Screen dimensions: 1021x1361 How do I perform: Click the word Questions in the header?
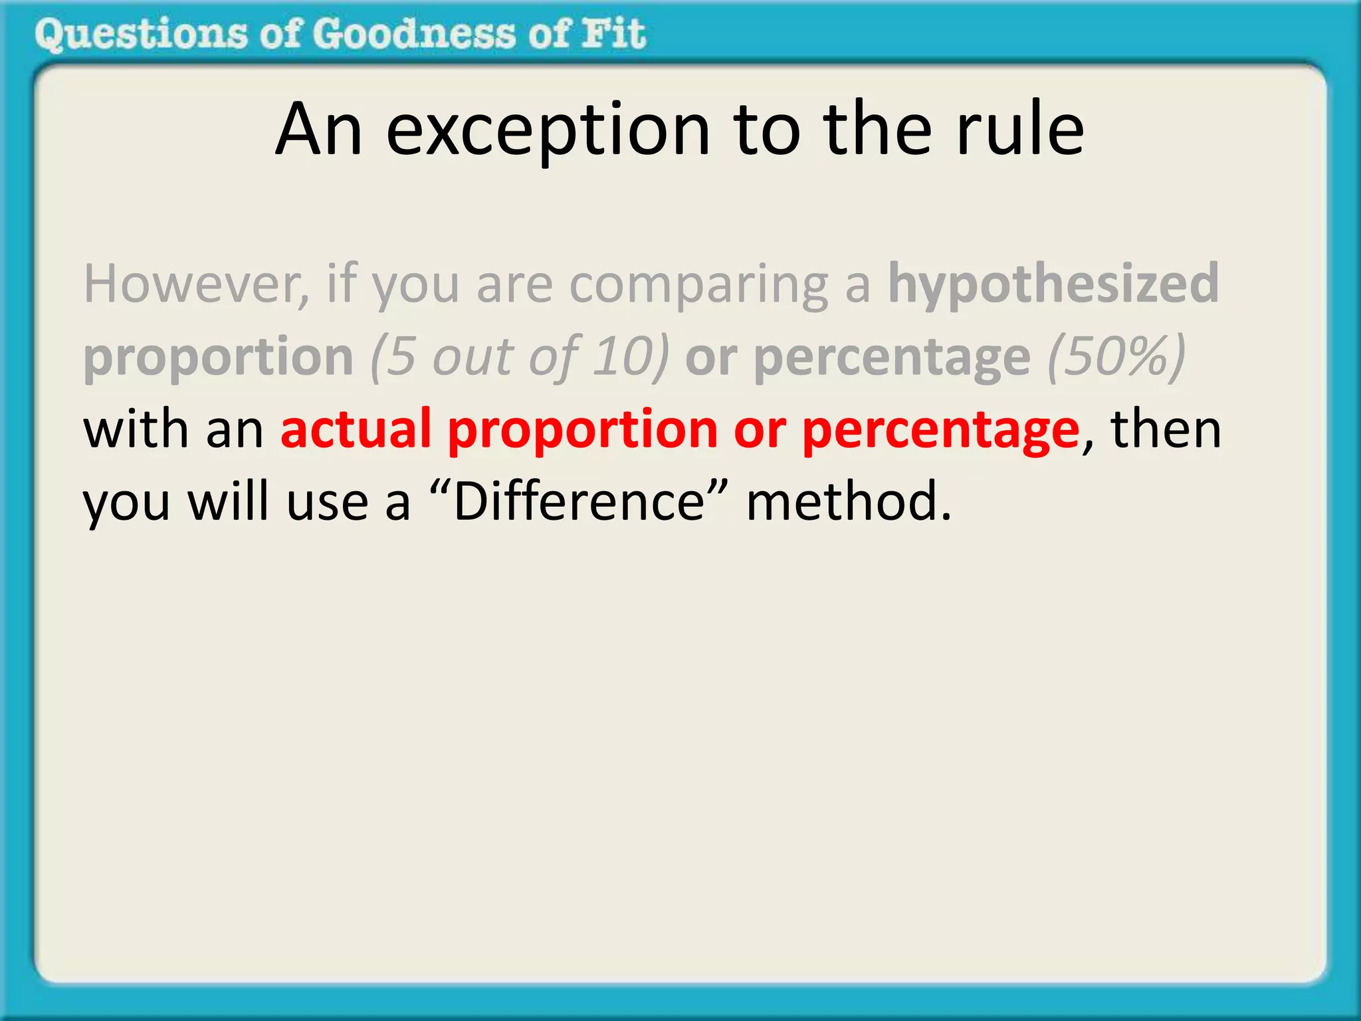[140, 35]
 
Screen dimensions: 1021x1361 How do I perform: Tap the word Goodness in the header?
[413, 35]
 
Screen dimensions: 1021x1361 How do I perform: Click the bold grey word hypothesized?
[1053, 284]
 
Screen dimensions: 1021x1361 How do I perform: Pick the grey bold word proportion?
[218, 358]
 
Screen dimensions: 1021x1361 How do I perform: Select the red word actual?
[356, 429]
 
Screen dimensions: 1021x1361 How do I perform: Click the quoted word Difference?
[578, 501]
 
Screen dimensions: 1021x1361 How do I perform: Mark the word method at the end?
[848, 501]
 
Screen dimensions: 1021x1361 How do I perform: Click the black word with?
[136, 429]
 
